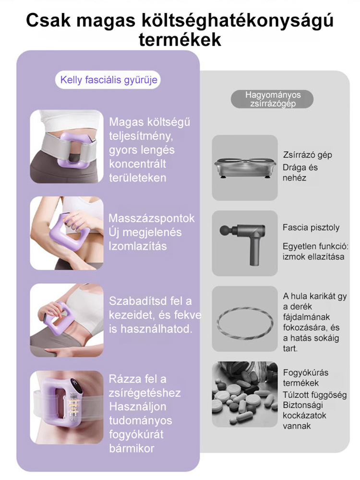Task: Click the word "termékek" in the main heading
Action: (x=180, y=39)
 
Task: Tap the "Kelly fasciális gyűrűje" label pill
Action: (x=108, y=80)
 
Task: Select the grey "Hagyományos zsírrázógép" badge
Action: (x=272, y=99)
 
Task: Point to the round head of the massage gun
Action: (x=224, y=230)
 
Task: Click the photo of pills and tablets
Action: (x=245, y=394)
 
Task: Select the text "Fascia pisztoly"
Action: (x=311, y=228)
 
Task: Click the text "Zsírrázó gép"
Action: (x=307, y=155)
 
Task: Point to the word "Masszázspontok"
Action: (x=152, y=218)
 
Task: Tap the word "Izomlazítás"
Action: (x=138, y=246)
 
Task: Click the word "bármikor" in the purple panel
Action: (x=132, y=448)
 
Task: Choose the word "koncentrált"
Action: (x=137, y=164)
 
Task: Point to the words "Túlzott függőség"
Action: (x=315, y=395)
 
